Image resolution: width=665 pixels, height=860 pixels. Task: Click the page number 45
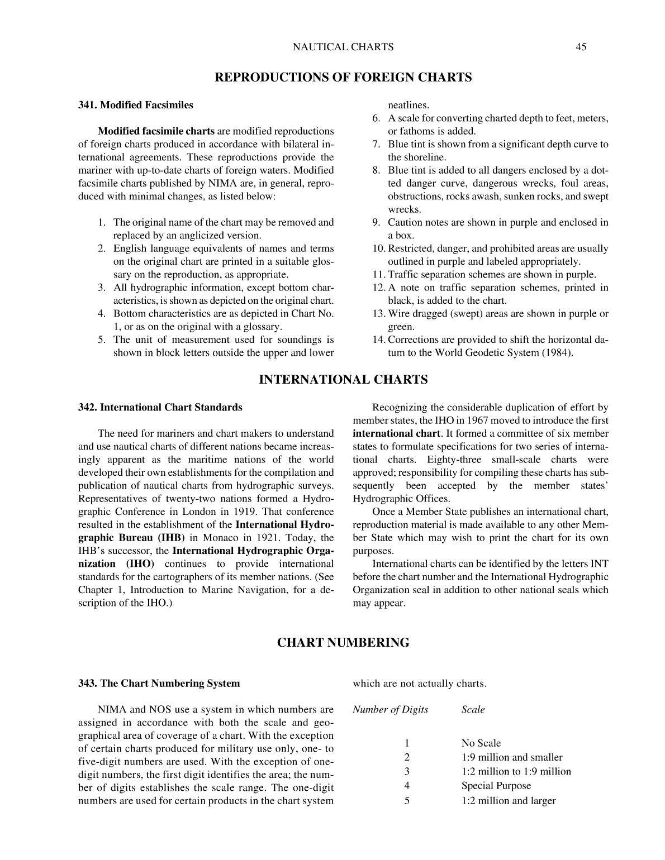581,47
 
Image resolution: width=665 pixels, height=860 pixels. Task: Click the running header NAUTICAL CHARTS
343,47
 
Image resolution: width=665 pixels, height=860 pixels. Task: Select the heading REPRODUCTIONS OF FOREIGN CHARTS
343,78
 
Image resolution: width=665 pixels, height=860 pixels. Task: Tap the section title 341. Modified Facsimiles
135,105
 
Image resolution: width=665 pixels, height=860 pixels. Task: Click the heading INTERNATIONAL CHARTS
343,380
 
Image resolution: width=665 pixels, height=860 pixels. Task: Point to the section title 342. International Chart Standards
160,408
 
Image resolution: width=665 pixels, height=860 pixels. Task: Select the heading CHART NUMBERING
343,643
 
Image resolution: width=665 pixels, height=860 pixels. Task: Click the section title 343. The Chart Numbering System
159,684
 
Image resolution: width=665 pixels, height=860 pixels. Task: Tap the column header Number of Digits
391,710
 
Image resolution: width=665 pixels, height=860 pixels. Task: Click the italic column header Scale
473,710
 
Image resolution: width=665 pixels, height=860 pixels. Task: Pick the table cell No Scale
481,743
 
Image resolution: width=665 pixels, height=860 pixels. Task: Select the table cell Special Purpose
496,786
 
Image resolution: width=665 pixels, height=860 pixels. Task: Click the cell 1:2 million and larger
508,801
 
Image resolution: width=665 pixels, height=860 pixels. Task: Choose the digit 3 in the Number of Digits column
407,772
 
